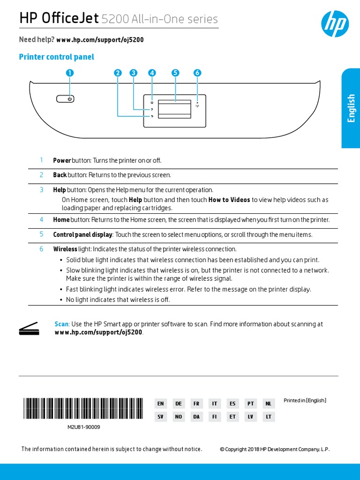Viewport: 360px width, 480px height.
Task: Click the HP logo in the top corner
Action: coord(334,23)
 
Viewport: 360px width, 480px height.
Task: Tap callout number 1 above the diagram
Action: coord(70,73)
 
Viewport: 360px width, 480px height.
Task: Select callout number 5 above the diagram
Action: coord(175,73)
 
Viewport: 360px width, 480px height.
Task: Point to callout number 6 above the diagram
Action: coord(197,73)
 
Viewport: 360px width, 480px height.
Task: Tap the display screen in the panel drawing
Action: coord(175,109)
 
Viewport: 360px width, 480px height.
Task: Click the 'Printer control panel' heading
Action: coord(56,57)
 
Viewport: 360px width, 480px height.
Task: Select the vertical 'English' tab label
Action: coord(351,108)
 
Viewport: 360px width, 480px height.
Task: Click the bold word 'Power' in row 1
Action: coord(62,160)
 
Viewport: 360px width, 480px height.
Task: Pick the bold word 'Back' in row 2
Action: coord(60,175)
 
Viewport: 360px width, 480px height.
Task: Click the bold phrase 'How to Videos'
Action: coord(229,200)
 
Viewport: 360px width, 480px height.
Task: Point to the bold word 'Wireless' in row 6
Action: coord(65,249)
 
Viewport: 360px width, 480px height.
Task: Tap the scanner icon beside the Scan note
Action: coord(28,329)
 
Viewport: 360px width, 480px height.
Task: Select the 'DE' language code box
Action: coord(179,404)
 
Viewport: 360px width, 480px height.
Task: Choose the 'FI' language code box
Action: coord(215,417)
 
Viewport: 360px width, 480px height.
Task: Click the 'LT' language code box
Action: coord(269,417)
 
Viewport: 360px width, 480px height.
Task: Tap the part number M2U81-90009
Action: coord(83,427)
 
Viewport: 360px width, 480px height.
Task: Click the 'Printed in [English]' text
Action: coord(305,400)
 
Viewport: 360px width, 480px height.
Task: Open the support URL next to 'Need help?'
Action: coord(100,40)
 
